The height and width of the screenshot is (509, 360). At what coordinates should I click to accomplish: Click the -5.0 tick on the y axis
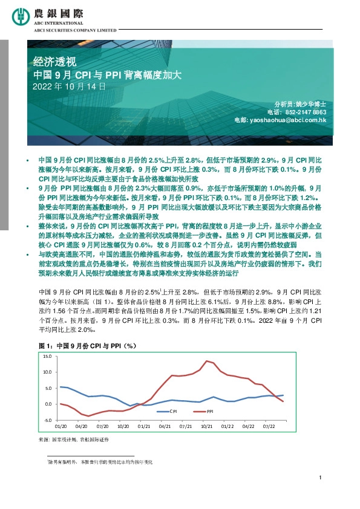pyautogui.click(x=48, y=420)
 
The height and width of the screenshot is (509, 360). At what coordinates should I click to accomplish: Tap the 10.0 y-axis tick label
pyautogui.click(x=48, y=372)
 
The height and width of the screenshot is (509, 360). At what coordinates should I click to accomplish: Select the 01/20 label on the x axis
pyautogui.click(x=61, y=426)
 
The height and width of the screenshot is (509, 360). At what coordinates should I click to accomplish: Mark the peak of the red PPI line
pyautogui.click(x=207, y=361)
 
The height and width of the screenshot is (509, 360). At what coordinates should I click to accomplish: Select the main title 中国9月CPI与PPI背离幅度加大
pyautogui.click(x=106, y=75)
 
